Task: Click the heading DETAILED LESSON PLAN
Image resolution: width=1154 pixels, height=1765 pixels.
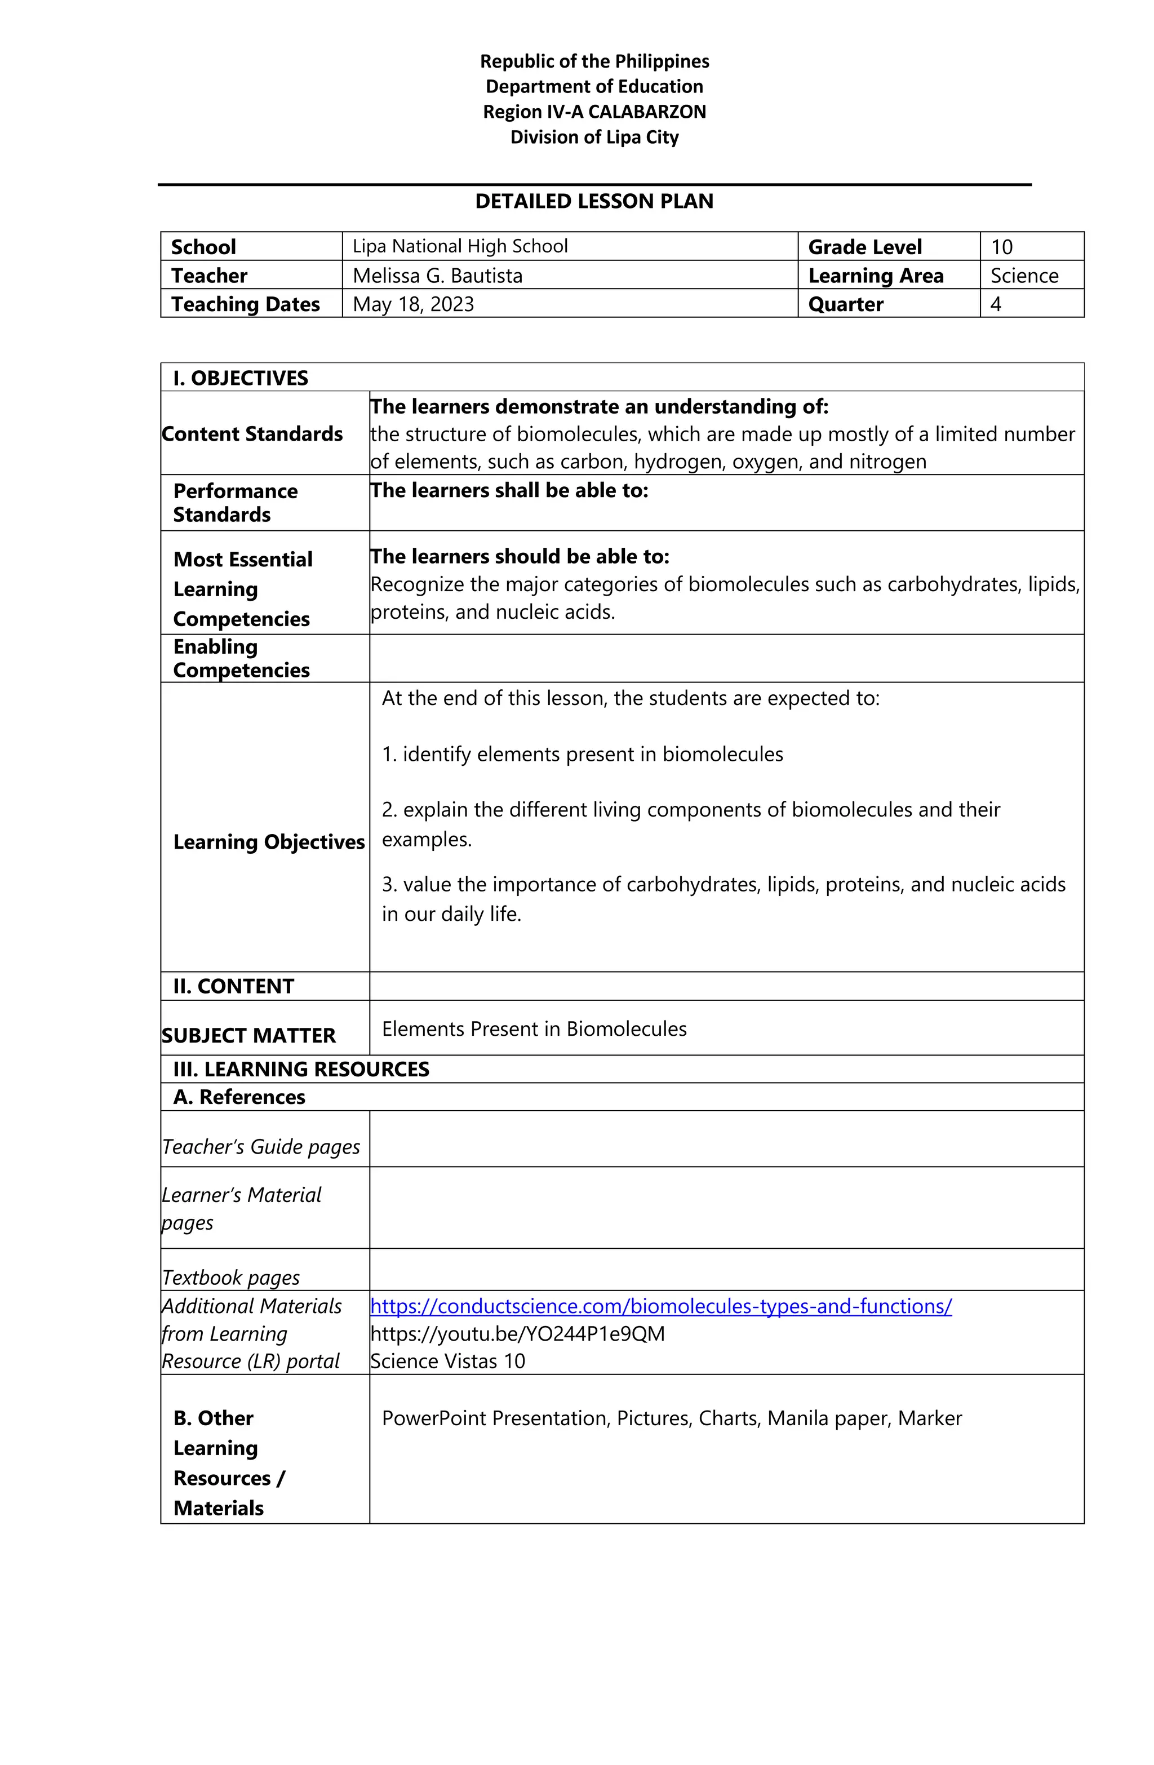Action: click(593, 201)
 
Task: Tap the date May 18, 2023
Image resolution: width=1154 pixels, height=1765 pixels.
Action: click(413, 304)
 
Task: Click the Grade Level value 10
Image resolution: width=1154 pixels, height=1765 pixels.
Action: click(1001, 247)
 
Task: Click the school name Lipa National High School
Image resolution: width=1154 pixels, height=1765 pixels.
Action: click(460, 246)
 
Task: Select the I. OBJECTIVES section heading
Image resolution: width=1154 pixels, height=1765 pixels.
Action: click(240, 378)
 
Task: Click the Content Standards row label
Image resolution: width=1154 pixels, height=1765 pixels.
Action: click(252, 434)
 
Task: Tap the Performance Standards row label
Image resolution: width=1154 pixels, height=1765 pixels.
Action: click(234, 503)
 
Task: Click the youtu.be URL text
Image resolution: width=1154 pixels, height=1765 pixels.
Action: click(517, 1333)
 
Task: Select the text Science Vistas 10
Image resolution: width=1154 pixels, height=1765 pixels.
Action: click(447, 1361)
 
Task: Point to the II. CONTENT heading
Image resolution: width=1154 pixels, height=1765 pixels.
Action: click(234, 986)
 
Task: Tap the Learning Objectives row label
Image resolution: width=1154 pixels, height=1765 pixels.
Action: click(268, 842)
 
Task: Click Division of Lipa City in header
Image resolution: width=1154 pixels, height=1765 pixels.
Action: click(594, 137)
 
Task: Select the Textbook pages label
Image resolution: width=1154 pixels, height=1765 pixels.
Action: click(230, 1277)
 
